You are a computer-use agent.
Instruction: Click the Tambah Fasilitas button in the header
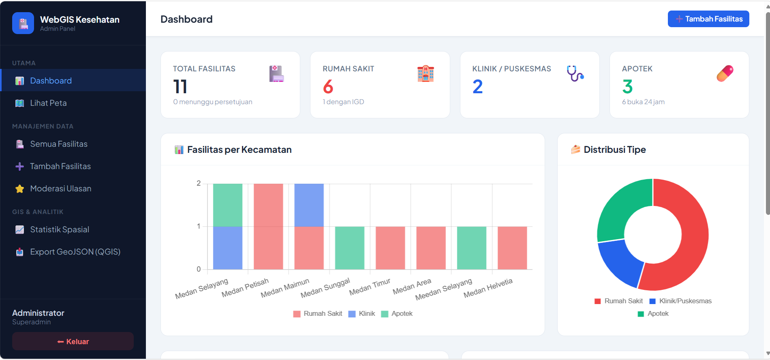708,19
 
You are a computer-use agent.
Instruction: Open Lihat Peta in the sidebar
48,103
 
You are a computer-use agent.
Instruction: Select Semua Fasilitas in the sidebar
58,144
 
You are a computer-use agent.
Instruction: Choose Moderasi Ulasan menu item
60,189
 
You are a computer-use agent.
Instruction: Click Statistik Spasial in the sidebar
60,229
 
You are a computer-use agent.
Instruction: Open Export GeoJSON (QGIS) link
75,252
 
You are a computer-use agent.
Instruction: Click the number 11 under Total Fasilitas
180,87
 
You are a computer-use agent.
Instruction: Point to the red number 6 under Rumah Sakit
328,87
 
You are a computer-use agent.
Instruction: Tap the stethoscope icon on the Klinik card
575,73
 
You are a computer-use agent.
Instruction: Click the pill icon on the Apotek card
725,73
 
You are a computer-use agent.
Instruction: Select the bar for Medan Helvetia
512,248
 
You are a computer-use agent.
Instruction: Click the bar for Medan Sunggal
350,248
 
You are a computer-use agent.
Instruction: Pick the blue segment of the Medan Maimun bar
309,205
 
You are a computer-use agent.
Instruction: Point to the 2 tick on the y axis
199,183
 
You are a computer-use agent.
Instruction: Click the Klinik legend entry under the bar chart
362,314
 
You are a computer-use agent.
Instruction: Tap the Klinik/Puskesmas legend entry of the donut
680,301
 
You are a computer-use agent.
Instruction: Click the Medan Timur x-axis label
370,287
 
